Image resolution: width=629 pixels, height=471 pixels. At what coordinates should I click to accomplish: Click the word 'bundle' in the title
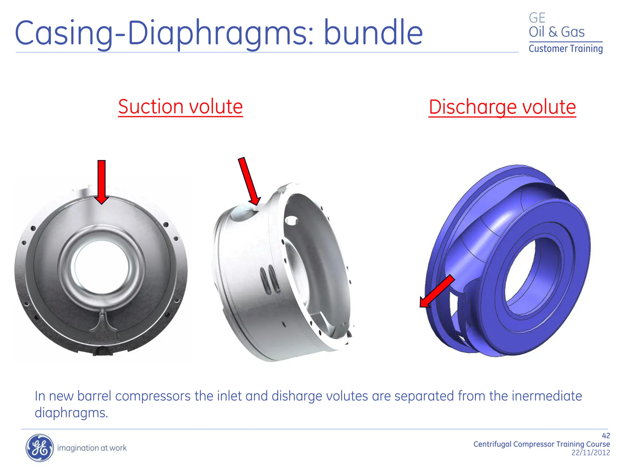click(x=373, y=32)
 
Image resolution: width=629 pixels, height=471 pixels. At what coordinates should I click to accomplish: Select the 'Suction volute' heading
click(x=180, y=107)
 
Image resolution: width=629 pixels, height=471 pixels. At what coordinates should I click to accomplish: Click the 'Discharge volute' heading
click(x=502, y=107)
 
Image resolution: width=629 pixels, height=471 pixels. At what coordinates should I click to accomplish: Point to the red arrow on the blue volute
click(x=436, y=291)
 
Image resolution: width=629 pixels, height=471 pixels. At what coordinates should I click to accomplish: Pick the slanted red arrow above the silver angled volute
click(x=249, y=181)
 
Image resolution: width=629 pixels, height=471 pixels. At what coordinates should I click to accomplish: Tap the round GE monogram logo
click(x=39, y=448)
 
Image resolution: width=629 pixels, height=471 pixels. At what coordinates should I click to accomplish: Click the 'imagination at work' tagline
click(x=92, y=448)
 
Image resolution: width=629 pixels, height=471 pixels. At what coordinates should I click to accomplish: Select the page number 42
click(x=606, y=435)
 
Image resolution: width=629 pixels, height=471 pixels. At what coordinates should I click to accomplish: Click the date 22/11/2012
click(x=590, y=453)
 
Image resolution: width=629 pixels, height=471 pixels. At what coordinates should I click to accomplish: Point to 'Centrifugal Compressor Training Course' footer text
click(x=541, y=444)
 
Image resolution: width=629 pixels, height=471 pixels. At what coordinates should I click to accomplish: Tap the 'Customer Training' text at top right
click(x=565, y=49)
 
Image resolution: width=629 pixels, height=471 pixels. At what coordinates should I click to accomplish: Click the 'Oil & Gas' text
click(x=556, y=32)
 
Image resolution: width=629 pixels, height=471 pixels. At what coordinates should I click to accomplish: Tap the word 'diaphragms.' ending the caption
click(x=71, y=413)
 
